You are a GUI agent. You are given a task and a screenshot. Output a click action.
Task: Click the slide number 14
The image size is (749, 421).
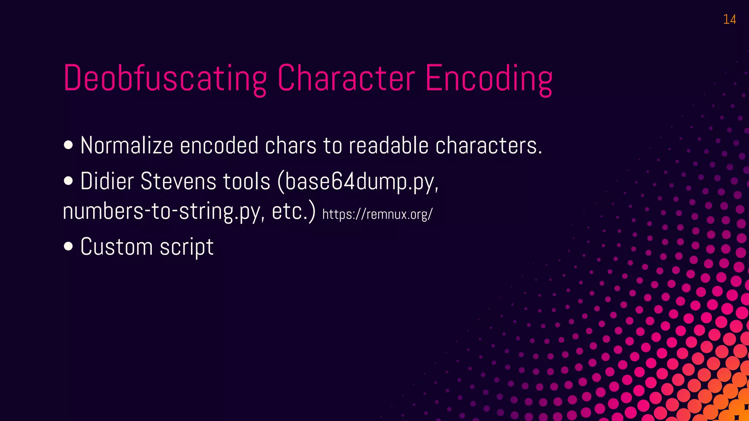point(729,19)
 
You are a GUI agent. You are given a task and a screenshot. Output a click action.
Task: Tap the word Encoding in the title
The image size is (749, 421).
point(489,78)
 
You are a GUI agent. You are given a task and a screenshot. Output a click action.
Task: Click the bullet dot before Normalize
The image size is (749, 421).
point(68,145)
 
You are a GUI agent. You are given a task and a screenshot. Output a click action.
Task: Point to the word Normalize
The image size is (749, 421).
point(127,145)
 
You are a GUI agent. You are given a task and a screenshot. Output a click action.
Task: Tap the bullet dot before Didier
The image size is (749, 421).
point(68,181)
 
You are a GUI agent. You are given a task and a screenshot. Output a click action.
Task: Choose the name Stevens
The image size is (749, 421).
point(178,181)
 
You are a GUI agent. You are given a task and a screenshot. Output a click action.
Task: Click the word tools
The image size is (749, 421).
point(246,181)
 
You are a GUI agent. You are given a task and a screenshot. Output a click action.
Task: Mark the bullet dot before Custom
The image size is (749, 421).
point(68,246)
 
